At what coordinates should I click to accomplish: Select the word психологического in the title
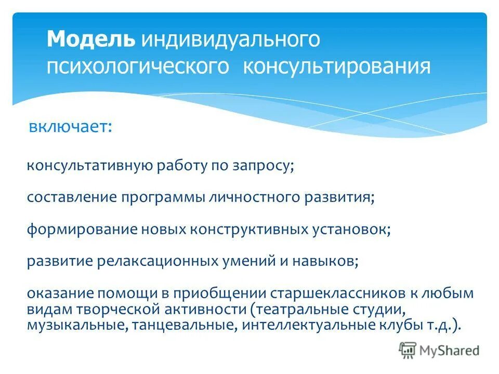[138, 68]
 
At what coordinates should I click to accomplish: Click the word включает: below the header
[70, 126]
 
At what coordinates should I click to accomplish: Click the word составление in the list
[72, 197]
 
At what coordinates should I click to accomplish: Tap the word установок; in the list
[351, 229]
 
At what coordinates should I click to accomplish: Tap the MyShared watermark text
[450, 350]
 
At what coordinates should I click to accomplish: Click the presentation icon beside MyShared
[408, 350]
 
